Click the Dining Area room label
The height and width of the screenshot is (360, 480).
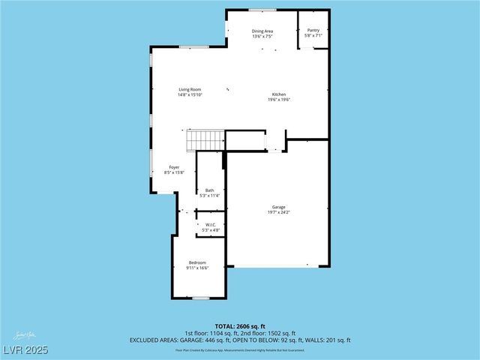[x=262, y=31]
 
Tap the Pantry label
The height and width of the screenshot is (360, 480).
[x=313, y=31]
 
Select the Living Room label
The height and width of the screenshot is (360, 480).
[x=190, y=89]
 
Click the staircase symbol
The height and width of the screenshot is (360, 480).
[x=205, y=140]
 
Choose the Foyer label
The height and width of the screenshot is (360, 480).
[x=173, y=167]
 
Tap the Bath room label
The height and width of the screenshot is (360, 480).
[x=210, y=190]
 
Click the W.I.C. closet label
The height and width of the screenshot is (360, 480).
[x=210, y=224]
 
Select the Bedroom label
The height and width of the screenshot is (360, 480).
[x=197, y=262]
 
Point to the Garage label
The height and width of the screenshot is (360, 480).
[x=278, y=207]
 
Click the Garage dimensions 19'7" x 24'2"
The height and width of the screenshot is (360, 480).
[x=278, y=212]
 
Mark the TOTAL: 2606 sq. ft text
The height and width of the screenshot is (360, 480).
[x=240, y=326]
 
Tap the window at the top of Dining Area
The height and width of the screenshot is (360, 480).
[x=262, y=10]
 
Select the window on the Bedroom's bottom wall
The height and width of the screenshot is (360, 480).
[x=200, y=298]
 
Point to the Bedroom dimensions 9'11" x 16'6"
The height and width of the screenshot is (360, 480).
[x=197, y=268]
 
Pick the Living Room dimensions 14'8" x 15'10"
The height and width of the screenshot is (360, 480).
[x=190, y=94]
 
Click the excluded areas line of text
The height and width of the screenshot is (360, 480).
[x=240, y=340]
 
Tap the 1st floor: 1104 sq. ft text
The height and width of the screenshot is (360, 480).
[x=212, y=333]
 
